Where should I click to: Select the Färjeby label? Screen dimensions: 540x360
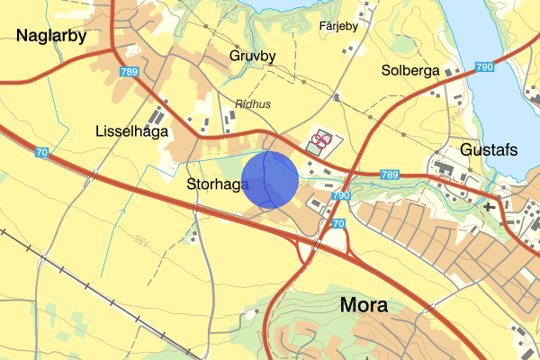tap(339, 25)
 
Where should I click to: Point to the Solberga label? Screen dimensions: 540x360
tap(409, 70)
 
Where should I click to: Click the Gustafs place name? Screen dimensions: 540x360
tap(489, 149)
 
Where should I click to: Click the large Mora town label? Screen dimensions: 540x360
tap(364, 304)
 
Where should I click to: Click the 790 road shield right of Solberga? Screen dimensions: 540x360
tap(484, 67)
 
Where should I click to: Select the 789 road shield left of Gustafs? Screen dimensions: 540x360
tap(389, 174)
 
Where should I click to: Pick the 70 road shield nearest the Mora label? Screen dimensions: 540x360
tap(338, 223)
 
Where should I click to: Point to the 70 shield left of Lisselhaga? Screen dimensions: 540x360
tap(41, 153)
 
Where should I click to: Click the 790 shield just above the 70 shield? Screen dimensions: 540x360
tap(339, 195)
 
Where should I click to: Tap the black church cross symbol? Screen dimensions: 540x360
tap(489, 207)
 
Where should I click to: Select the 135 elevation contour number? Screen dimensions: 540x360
tap(140, 240)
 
